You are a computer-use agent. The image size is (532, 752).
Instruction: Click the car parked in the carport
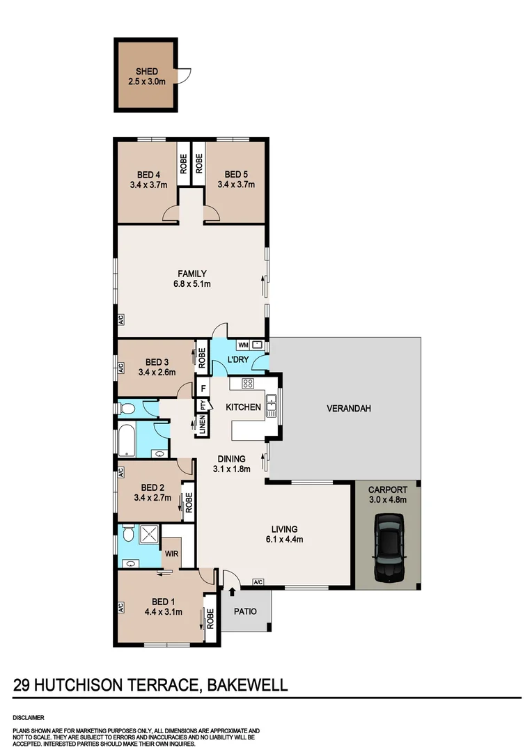387,547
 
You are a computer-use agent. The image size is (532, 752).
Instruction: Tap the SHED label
147,72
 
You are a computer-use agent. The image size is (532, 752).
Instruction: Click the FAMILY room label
191,274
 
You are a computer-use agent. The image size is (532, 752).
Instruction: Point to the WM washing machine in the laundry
244,345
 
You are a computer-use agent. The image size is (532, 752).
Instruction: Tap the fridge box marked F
203,389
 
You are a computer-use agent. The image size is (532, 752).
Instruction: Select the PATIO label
244,612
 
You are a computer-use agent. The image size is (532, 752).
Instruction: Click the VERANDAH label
348,408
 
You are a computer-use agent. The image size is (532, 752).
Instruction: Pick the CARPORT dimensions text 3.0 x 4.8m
387,499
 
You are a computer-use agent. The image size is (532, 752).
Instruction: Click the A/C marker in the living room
258,582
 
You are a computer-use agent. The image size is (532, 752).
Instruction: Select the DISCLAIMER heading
28,716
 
